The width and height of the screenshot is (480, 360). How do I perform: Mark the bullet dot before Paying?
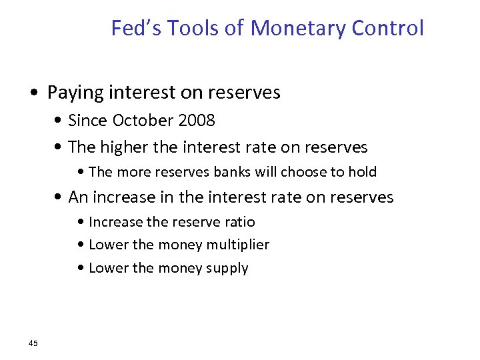[x=39, y=93]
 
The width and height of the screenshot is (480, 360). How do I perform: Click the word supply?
[x=227, y=269]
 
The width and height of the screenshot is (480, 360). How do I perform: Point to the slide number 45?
[x=33, y=343]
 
